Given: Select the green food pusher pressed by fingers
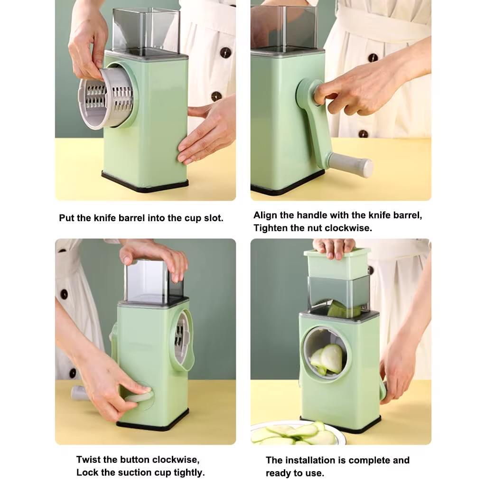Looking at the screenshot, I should coord(337,264).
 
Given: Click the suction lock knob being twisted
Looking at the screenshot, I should coord(140,396).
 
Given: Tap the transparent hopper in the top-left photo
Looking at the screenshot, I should coord(146,31).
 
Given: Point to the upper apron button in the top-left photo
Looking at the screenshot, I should coord(225,52).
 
